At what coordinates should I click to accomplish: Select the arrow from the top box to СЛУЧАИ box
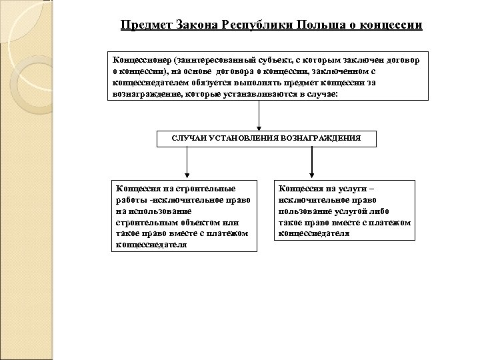258,117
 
